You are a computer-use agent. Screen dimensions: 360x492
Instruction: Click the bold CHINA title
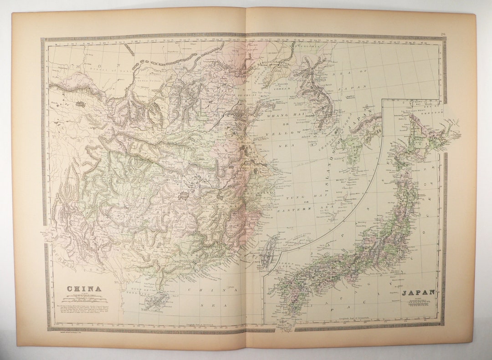pos(84,289)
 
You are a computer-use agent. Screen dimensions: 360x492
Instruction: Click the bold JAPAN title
pos(418,293)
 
